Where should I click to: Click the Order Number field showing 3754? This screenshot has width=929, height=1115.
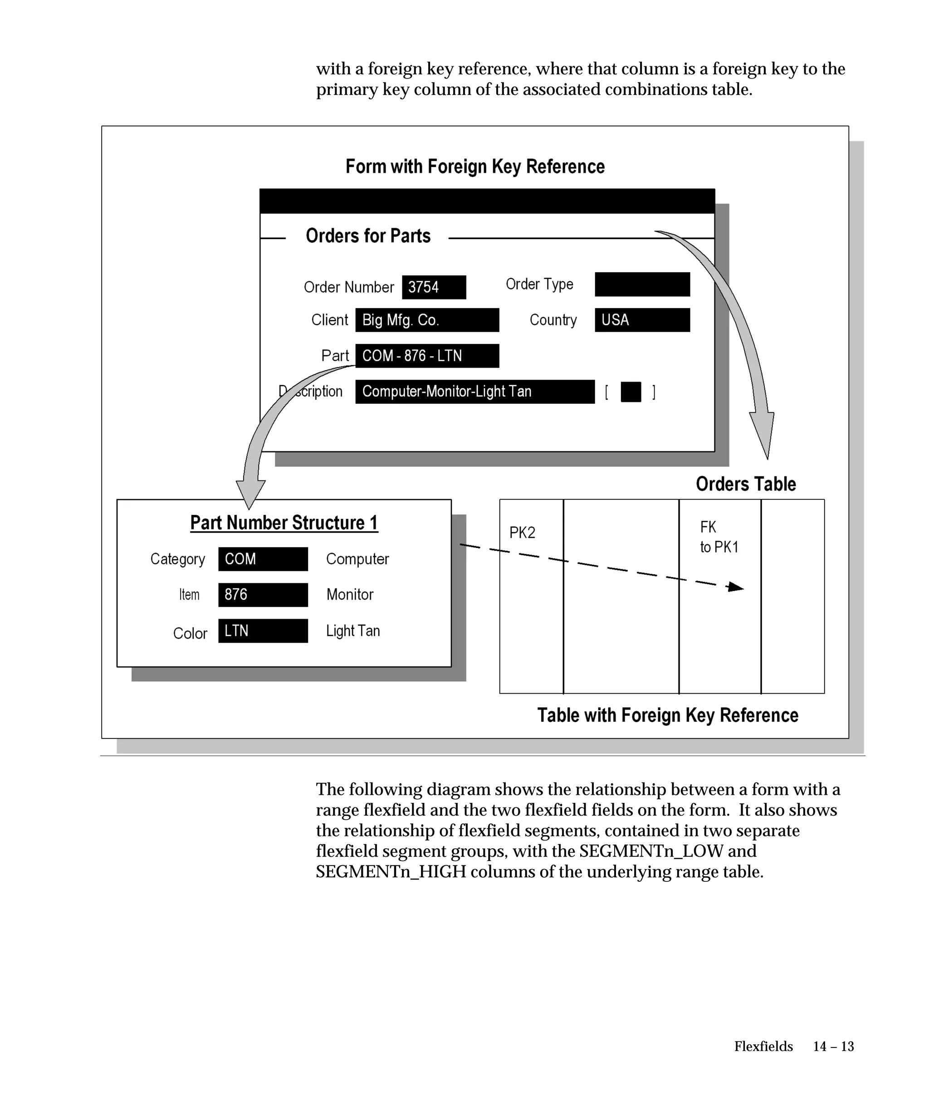[433, 287]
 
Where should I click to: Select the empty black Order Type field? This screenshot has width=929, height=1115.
[642, 284]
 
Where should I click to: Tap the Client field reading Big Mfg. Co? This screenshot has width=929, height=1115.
[427, 320]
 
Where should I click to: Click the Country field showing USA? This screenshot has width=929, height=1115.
[642, 320]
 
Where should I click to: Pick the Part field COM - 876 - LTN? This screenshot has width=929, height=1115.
[427, 356]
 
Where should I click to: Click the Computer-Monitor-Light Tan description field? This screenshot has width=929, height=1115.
[474, 392]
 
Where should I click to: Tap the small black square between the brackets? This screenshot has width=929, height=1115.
[631, 392]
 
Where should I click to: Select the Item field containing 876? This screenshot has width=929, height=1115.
[263, 595]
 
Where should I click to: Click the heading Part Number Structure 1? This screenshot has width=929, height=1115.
[284, 523]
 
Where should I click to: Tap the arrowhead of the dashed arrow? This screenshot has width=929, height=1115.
[736, 587]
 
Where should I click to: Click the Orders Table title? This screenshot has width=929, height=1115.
[746, 484]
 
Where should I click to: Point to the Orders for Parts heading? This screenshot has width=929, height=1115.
[368, 236]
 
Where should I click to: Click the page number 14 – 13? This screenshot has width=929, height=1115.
[833, 1047]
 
